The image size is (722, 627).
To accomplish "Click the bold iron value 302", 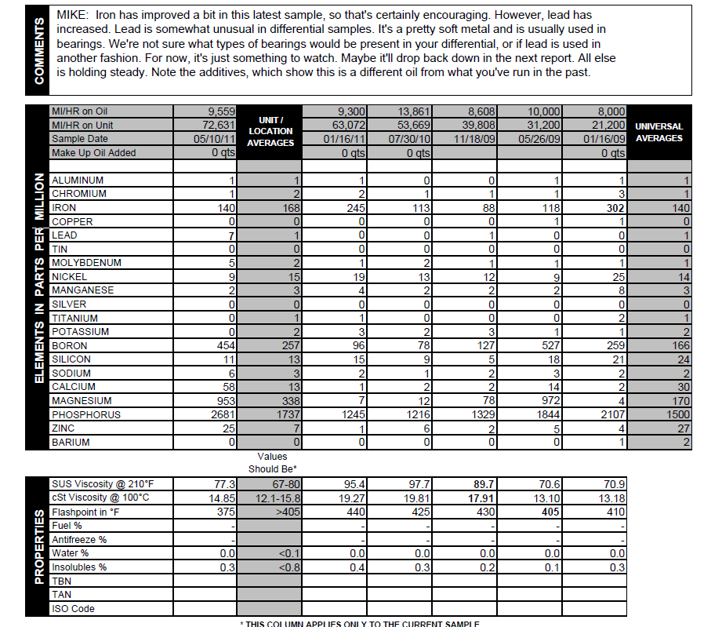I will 615,208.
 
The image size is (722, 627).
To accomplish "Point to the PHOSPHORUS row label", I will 86,414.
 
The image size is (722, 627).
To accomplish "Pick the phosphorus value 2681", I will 220,414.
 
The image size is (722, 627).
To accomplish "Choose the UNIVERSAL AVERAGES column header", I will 659,132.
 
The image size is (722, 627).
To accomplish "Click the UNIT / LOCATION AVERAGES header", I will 270,131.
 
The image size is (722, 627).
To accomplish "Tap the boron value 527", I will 548,345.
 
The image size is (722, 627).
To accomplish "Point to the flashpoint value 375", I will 225,512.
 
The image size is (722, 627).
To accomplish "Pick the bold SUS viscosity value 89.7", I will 481,484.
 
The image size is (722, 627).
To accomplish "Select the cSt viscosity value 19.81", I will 416,498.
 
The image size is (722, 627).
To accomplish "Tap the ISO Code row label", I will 73,608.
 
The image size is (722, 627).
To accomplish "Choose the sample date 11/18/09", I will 475,139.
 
